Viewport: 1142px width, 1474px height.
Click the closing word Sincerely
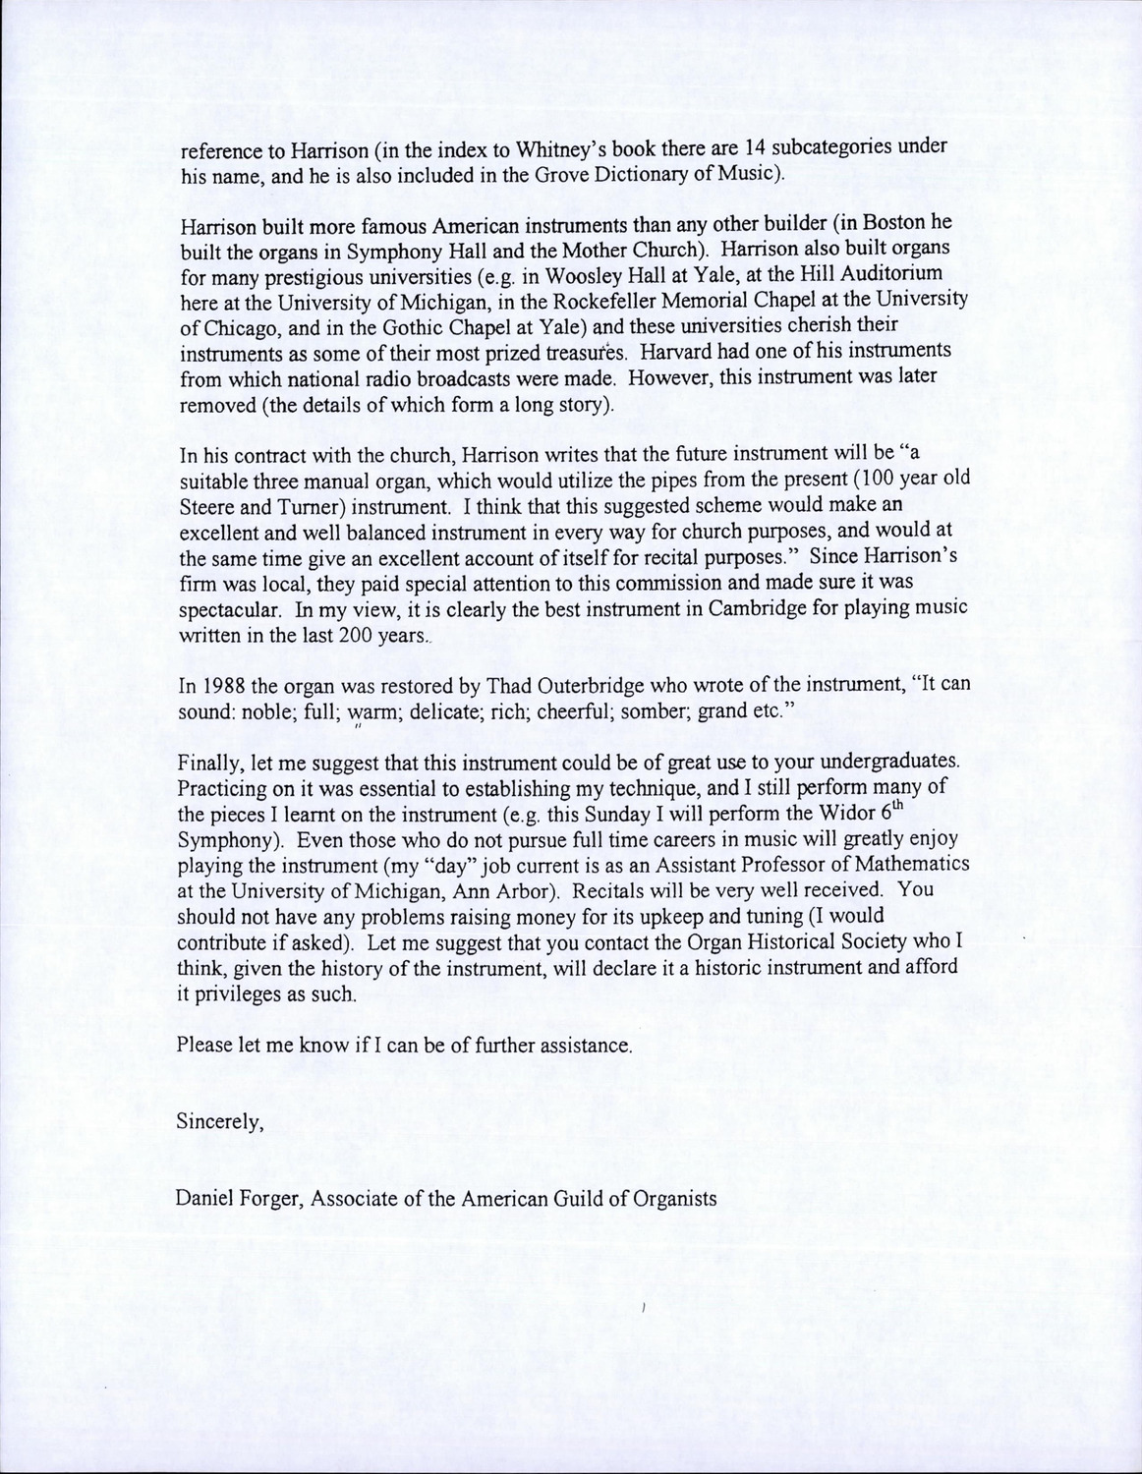(x=220, y=1121)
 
